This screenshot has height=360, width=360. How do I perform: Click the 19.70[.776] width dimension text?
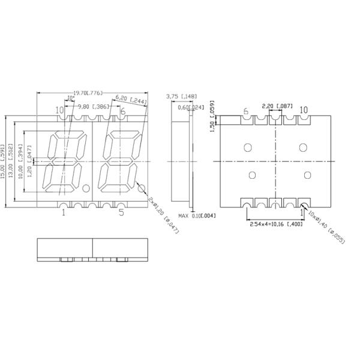pos(88,93)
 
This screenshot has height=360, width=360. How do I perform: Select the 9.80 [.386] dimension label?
pos(93,106)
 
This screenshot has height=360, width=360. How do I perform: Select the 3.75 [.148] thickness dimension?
pos(180,96)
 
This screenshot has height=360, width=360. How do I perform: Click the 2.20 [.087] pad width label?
pos(277,106)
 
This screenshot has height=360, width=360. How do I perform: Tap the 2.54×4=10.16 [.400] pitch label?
pos(276,224)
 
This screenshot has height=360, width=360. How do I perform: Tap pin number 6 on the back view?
pos(246,112)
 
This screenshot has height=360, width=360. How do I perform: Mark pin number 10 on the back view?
pos(304,110)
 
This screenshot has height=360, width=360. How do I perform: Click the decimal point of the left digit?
pos(86,188)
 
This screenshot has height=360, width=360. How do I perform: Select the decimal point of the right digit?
pos(142,188)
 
